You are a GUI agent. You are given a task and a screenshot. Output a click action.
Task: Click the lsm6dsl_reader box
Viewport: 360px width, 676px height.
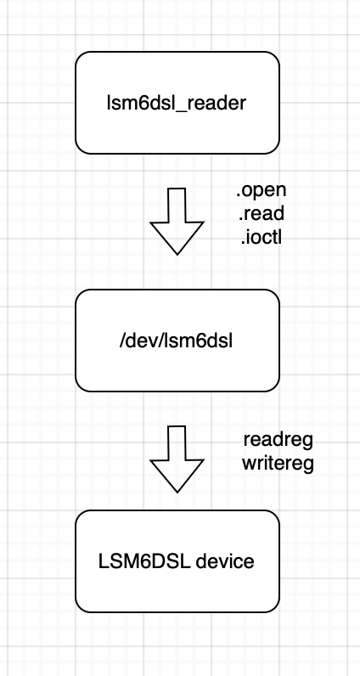coord(177,103)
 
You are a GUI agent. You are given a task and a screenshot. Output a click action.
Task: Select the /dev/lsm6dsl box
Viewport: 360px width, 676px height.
coord(177,341)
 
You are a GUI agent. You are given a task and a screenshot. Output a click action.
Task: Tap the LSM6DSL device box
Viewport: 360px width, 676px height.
coord(177,561)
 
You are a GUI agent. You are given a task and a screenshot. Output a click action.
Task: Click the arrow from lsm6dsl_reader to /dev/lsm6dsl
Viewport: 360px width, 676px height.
coord(177,221)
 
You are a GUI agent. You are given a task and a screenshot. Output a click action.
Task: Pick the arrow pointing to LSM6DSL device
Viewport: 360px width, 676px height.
coord(177,459)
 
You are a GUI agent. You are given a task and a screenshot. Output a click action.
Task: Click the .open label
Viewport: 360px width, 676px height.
coord(262,190)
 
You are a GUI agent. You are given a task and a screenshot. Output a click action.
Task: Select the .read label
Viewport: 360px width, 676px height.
coord(262,213)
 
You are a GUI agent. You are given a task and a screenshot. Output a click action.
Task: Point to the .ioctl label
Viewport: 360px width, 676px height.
coord(262,237)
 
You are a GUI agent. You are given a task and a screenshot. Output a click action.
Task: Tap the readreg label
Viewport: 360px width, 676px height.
coord(278,440)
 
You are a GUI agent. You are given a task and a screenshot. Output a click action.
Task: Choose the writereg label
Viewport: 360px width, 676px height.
coord(278,464)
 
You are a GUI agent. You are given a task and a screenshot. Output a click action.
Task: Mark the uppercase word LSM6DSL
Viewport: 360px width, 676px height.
coord(144,561)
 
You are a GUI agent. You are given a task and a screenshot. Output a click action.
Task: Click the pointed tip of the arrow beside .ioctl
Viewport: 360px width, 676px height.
coord(177,255)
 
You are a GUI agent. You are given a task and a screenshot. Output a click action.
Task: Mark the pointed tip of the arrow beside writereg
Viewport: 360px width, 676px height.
coord(177,493)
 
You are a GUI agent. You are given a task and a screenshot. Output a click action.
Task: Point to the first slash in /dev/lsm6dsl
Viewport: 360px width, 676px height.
coord(122,341)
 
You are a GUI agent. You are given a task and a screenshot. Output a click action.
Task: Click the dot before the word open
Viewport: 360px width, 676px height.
coord(238,195)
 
